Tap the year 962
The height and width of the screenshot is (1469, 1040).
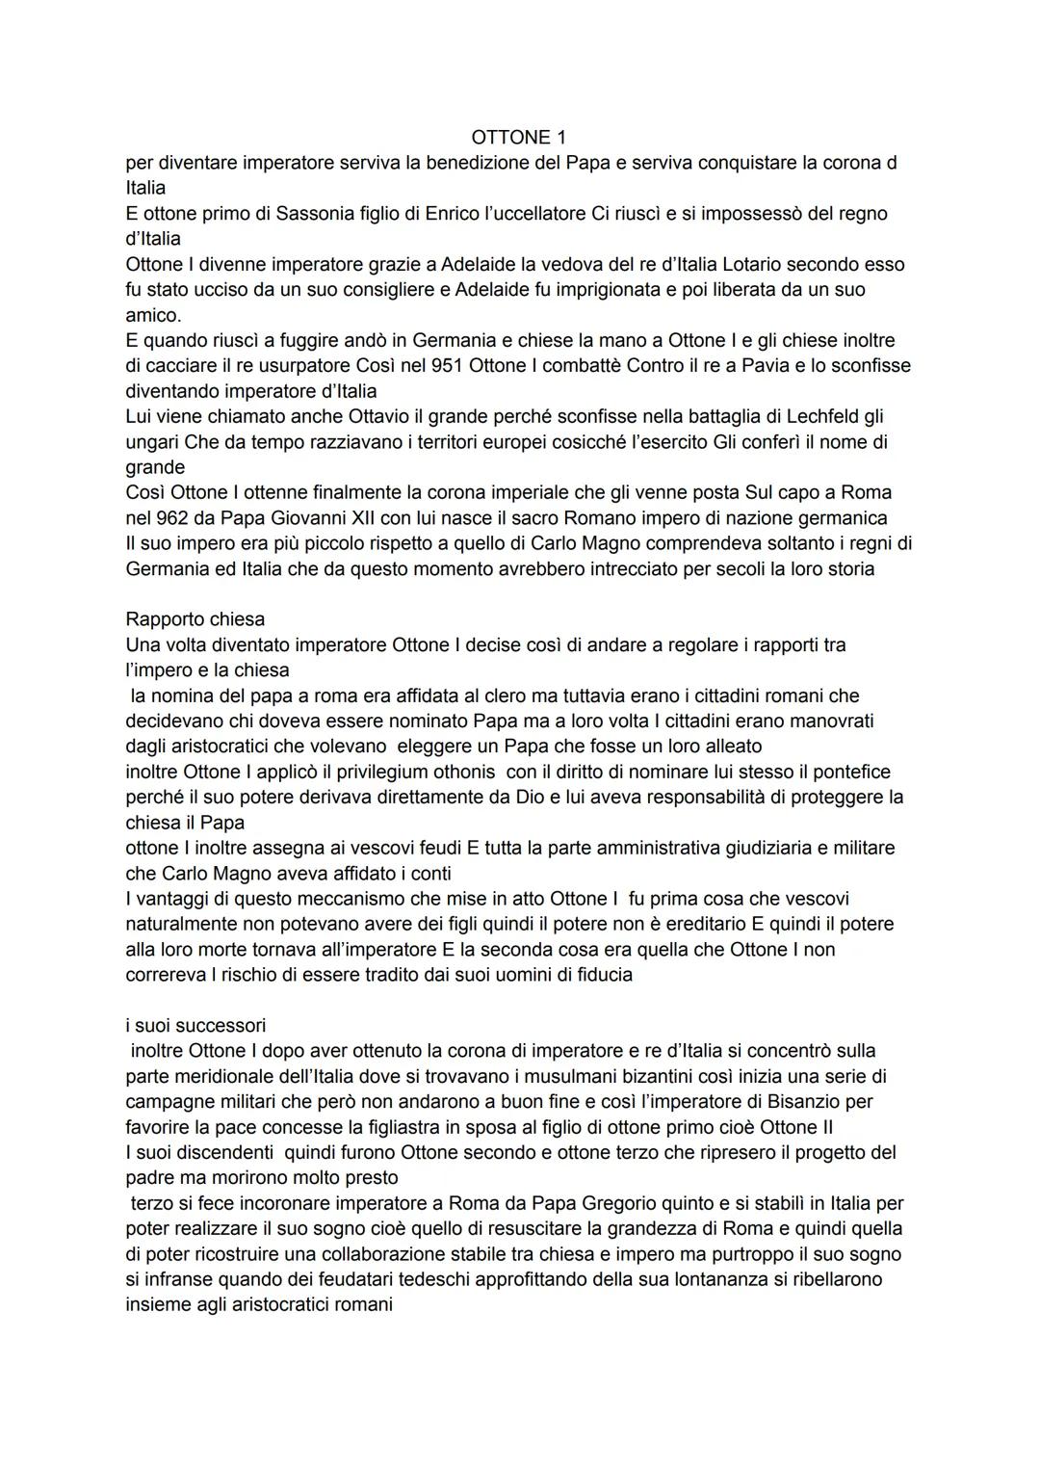[x=168, y=518]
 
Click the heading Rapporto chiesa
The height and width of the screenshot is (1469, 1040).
[x=195, y=619]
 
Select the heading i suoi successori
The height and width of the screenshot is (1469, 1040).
[x=195, y=1025]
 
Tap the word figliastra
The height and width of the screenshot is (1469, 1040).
[x=377, y=1127]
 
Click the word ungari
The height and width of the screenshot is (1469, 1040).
[x=153, y=442]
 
